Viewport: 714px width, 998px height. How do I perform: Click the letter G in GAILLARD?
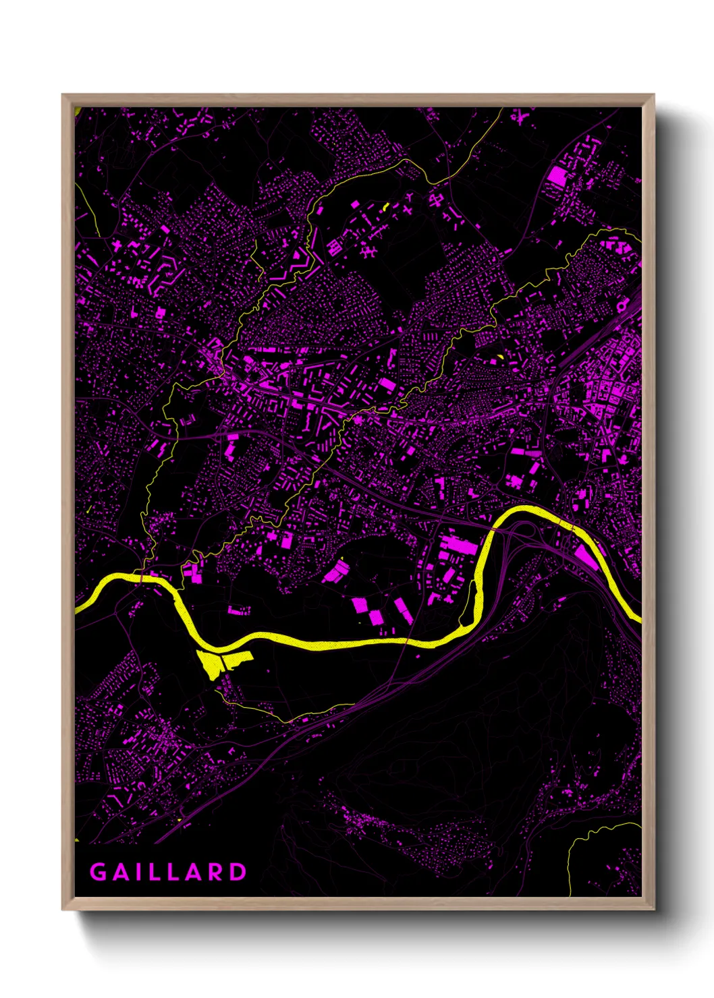pos(98,872)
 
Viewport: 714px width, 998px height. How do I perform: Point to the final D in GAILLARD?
pos(238,872)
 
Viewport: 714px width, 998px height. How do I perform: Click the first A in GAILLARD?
pos(121,872)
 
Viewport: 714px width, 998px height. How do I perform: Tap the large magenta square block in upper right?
pos(557,177)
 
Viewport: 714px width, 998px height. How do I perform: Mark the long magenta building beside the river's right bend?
pos(586,557)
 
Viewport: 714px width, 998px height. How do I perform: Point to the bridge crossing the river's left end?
pos(142,578)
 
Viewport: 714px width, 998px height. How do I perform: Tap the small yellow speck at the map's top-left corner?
pos(78,112)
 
